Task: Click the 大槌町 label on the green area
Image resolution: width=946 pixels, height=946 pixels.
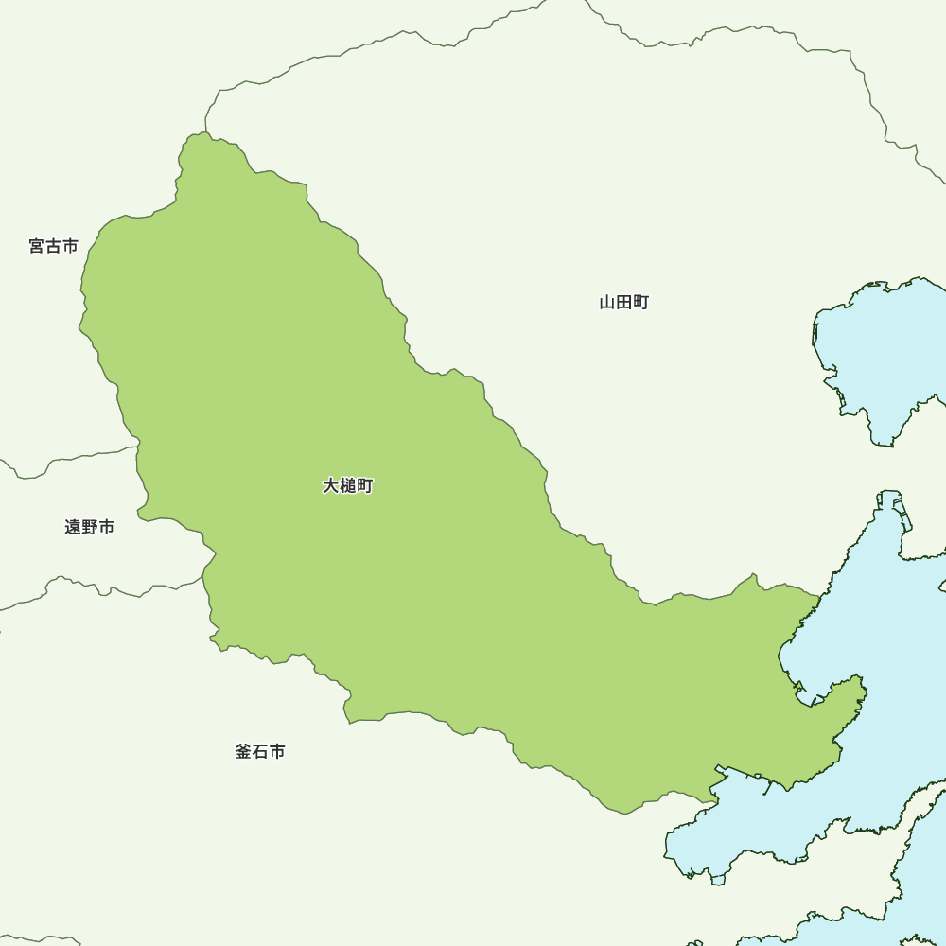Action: click(x=348, y=486)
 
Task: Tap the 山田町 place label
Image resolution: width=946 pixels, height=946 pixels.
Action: click(x=624, y=303)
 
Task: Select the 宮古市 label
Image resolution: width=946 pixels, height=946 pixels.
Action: click(x=54, y=246)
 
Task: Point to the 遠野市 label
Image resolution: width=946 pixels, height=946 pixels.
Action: click(x=90, y=527)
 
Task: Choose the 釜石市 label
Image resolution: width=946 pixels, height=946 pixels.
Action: click(x=260, y=752)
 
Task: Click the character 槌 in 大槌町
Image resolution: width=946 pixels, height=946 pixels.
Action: click(x=348, y=486)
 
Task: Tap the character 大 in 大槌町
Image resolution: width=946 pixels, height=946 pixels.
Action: click(x=331, y=486)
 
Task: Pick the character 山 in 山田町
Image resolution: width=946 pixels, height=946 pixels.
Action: click(x=607, y=303)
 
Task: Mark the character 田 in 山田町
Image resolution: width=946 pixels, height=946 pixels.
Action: click(x=624, y=303)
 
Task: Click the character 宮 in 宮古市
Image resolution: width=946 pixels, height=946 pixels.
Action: click(x=37, y=246)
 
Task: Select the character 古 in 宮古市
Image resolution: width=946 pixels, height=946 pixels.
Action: click(x=54, y=246)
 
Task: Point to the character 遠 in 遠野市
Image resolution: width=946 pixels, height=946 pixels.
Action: click(x=73, y=527)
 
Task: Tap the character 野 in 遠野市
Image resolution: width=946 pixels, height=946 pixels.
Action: click(x=90, y=527)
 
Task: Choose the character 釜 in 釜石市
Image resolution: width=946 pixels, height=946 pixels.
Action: click(x=243, y=752)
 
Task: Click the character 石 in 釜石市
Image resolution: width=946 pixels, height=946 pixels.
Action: click(x=260, y=752)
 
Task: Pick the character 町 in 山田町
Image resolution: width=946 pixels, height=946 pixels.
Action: click(x=641, y=303)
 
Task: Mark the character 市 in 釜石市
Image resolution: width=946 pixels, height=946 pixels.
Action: click(x=277, y=752)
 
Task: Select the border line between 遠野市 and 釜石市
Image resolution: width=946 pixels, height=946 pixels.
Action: click(x=95, y=587)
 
